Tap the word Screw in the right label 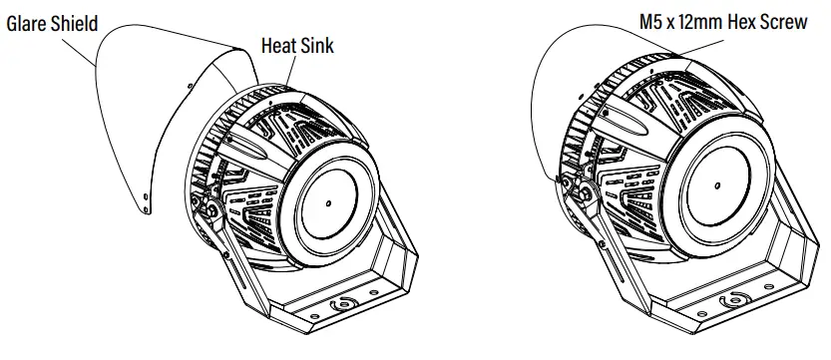pos(786,20)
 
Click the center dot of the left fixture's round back pos(329,199)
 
